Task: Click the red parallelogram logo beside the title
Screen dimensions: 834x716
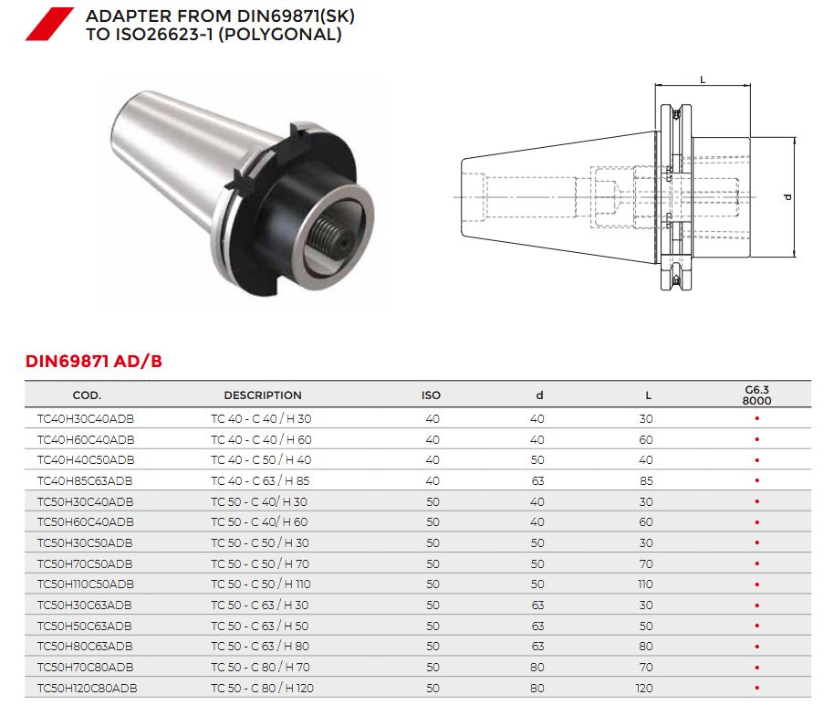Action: (x=49, y=24)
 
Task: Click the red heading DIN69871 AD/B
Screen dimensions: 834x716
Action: (x=94, y=362)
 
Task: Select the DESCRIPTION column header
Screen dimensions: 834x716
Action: (x=263, y=395)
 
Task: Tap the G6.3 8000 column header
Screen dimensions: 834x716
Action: (x=756, y=395)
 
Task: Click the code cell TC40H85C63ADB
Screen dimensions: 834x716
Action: (x=85, y=481)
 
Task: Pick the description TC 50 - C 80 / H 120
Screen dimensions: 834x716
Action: (x=262, y=689)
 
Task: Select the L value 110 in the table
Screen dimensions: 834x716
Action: (x=645, y=584)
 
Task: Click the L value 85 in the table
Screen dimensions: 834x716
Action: (x=646, y=481)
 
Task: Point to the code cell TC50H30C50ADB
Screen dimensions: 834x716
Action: (x=85, y=543)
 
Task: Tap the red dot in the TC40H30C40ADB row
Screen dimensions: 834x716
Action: (x=756, y=418)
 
